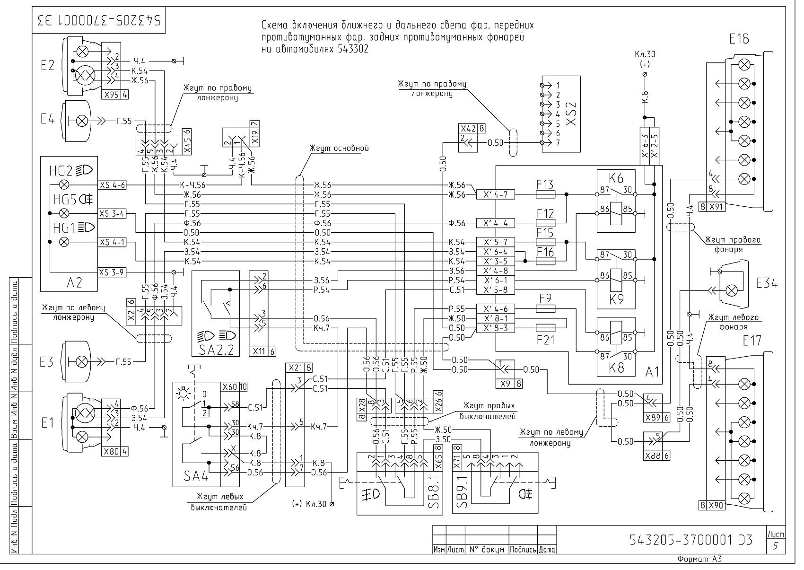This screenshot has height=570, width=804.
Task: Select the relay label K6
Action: (616, 178)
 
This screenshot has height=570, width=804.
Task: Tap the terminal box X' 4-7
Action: (495, 194)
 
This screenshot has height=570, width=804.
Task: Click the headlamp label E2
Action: (48, 65)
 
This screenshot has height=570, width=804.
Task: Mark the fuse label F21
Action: (545, 340)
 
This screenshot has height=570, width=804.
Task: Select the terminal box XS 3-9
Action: (112, 272)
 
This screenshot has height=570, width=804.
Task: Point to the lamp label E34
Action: (767, 283)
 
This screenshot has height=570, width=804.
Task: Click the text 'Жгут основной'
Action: (339, 148)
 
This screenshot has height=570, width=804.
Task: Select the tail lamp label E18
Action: (739, 39)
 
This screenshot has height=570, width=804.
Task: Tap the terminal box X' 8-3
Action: (495, 328)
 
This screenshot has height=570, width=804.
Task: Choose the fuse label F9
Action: (545, 298)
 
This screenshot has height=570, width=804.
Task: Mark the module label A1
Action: (652, 372)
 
